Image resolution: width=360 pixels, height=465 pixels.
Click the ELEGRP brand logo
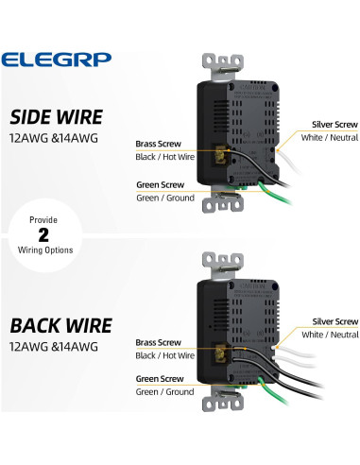[56, 59]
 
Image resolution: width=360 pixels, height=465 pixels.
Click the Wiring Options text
[31, 250]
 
